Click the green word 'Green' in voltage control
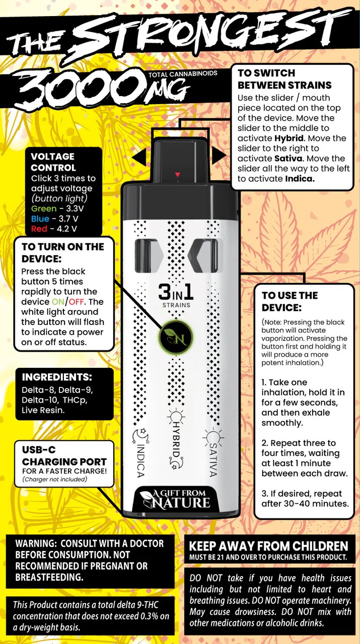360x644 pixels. coord(44,209)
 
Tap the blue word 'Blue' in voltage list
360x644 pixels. coord(40,219)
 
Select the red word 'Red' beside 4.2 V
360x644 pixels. coord(39,229)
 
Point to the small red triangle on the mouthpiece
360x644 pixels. coord(178,175)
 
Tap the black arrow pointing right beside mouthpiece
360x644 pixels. coord(220,155)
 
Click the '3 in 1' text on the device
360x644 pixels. coord(176,292)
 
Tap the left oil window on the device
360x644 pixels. coord(149,255)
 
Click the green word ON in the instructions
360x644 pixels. coord(58,302)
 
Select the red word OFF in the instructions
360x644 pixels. coord(76,302)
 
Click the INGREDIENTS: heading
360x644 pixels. coord(57,377)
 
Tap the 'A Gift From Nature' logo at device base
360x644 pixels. coord(176,500)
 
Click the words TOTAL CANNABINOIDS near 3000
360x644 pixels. coord(183,74)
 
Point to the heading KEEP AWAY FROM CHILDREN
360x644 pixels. coord(268,546)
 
